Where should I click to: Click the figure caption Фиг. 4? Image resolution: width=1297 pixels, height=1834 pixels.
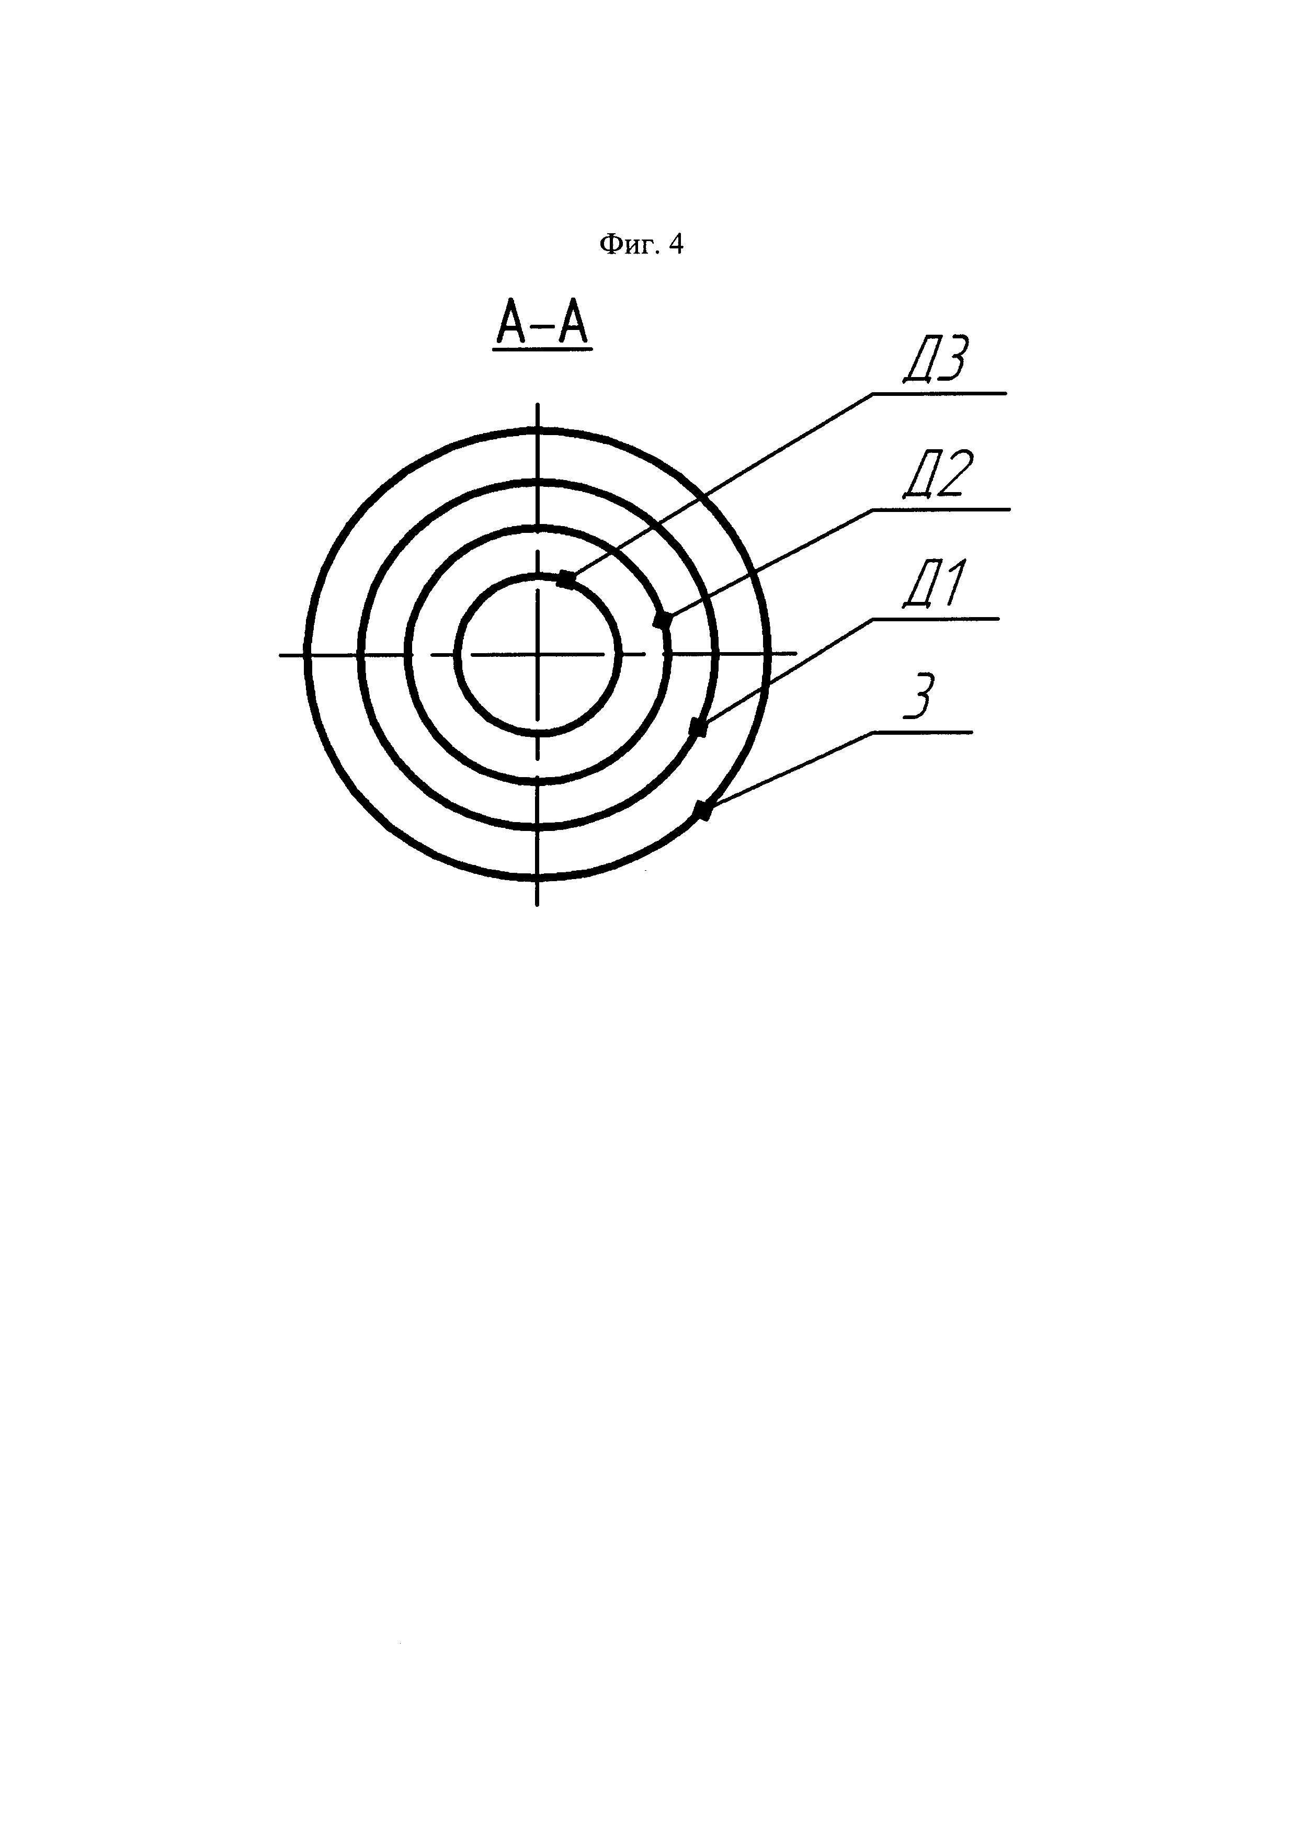(641, 244)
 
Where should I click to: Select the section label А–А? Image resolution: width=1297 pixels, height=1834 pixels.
(542, 324)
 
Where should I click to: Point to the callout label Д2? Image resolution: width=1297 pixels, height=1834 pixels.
(938, 474)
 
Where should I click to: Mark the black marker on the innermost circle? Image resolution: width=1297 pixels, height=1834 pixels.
(566, 579)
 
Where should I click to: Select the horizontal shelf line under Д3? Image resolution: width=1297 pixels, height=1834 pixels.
(939, 393)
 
